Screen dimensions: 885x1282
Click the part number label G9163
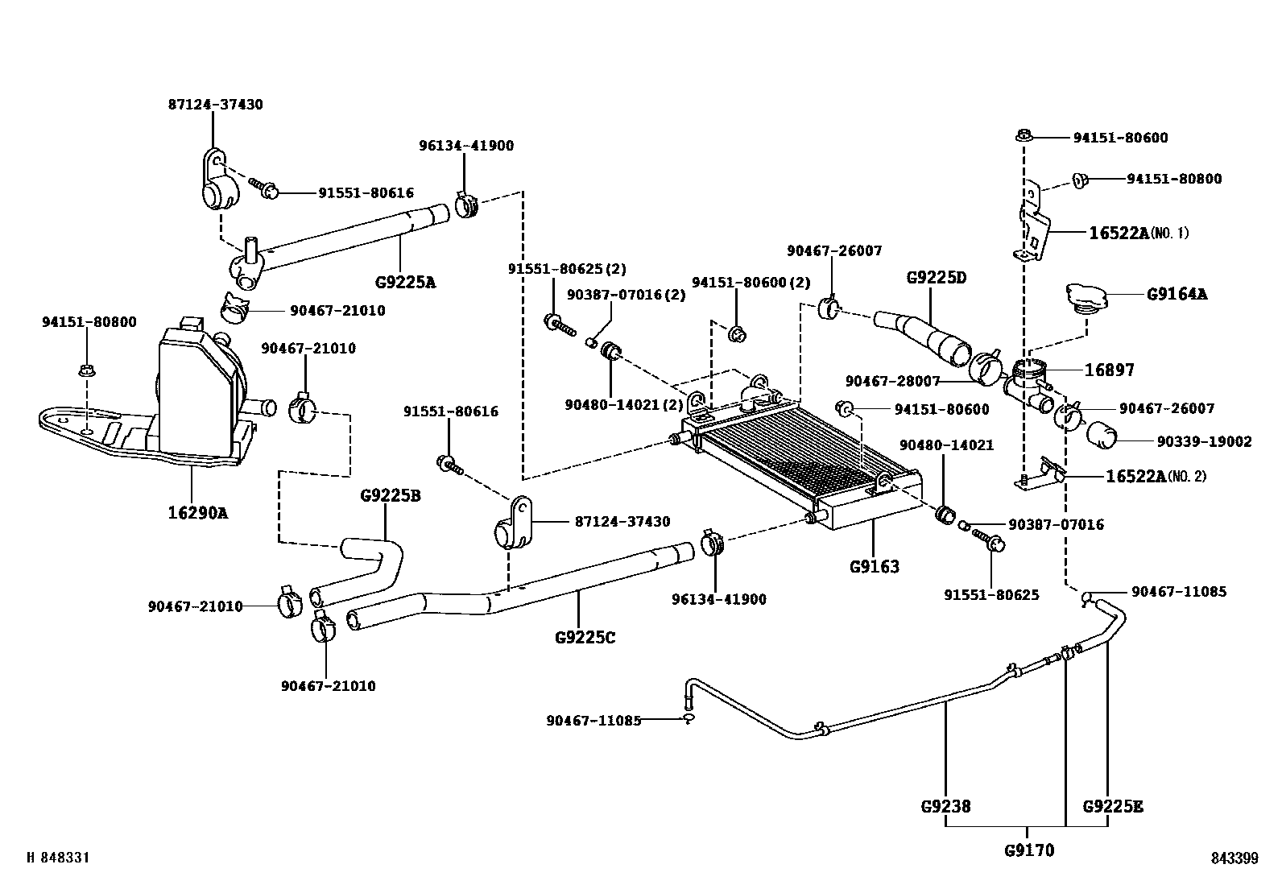[874, 567]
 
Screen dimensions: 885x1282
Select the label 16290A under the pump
[196, 512]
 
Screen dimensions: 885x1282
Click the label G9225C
[585, 638]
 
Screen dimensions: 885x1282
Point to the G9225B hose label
[390, 496]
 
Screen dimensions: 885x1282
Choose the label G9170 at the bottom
[1028, 850]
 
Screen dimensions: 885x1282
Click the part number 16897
[1109, 370]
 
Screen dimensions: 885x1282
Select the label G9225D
[936, 278]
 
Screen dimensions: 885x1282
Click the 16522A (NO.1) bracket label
[1139, 234]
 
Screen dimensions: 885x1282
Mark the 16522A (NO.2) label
[1156, 476]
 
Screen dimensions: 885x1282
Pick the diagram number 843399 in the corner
[1234, 859]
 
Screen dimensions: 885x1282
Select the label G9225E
[1113, 806]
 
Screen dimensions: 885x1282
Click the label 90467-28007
[892, 381]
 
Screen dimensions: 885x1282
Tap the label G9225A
[405, 283]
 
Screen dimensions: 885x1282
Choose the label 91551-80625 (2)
[566, 269]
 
